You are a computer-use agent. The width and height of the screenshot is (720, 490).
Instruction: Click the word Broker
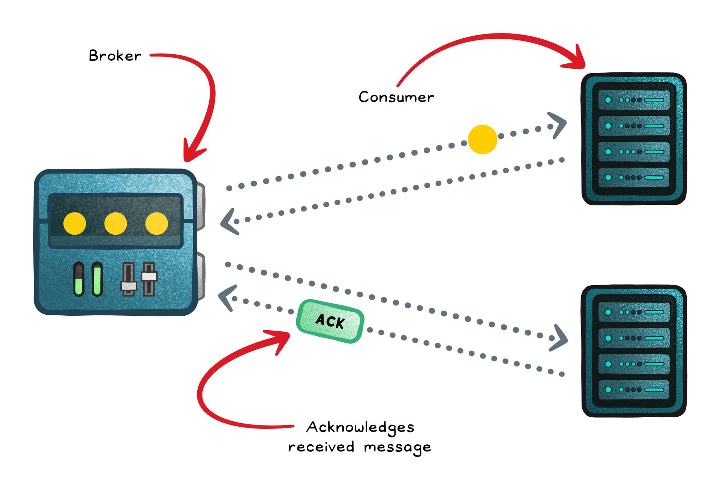click(115, 56)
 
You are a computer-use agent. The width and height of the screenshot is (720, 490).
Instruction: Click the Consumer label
click(396, 97)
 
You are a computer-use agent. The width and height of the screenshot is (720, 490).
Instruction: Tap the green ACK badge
click(330, 321)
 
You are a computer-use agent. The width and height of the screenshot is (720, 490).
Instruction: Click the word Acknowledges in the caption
click(360, 427)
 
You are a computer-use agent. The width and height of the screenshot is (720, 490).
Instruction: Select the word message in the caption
click(397, 447)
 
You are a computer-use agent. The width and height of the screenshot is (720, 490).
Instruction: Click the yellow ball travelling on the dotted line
click(482, 139)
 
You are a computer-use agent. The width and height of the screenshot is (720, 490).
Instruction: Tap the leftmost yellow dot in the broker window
click(75, 223)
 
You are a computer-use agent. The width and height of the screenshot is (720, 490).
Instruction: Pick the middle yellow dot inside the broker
click(115, 223)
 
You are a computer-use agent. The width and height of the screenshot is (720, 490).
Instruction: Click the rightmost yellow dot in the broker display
click(156, 223)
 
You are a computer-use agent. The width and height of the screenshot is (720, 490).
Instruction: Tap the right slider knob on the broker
click(149, 276)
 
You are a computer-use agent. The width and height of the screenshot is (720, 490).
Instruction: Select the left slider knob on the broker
click(129, 286)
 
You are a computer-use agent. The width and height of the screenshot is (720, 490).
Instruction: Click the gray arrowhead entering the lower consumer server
click(560, 339)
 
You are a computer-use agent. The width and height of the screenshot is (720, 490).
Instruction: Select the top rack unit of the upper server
click(633, 100)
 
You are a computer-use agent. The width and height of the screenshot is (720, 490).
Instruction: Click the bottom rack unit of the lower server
click(633, 390)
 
